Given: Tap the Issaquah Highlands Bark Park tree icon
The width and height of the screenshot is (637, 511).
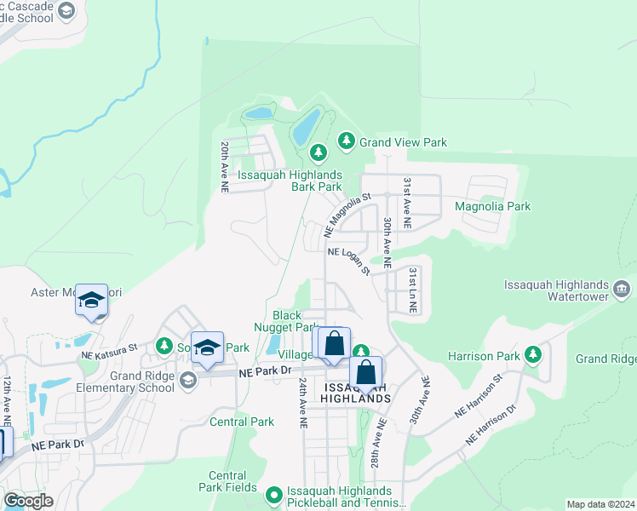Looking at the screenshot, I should coord(318,153).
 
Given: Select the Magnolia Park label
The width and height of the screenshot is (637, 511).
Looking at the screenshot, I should coord(492,206).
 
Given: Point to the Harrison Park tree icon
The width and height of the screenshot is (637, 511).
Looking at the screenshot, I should coord(533,353).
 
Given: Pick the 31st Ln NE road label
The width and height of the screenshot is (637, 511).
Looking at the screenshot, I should coord(412,289).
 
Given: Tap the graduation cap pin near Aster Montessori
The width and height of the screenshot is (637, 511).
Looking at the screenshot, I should coord(91,301).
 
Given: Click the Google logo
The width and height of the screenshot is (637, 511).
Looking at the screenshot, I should coord(28,501).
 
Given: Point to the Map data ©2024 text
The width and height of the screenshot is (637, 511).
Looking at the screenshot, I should coord(600,504).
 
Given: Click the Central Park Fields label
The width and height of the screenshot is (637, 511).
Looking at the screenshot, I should coord(227,481).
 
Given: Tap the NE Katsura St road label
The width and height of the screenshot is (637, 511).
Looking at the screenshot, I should coord(109,349).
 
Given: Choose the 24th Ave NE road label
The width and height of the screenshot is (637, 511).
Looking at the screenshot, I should coord(302,403).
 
